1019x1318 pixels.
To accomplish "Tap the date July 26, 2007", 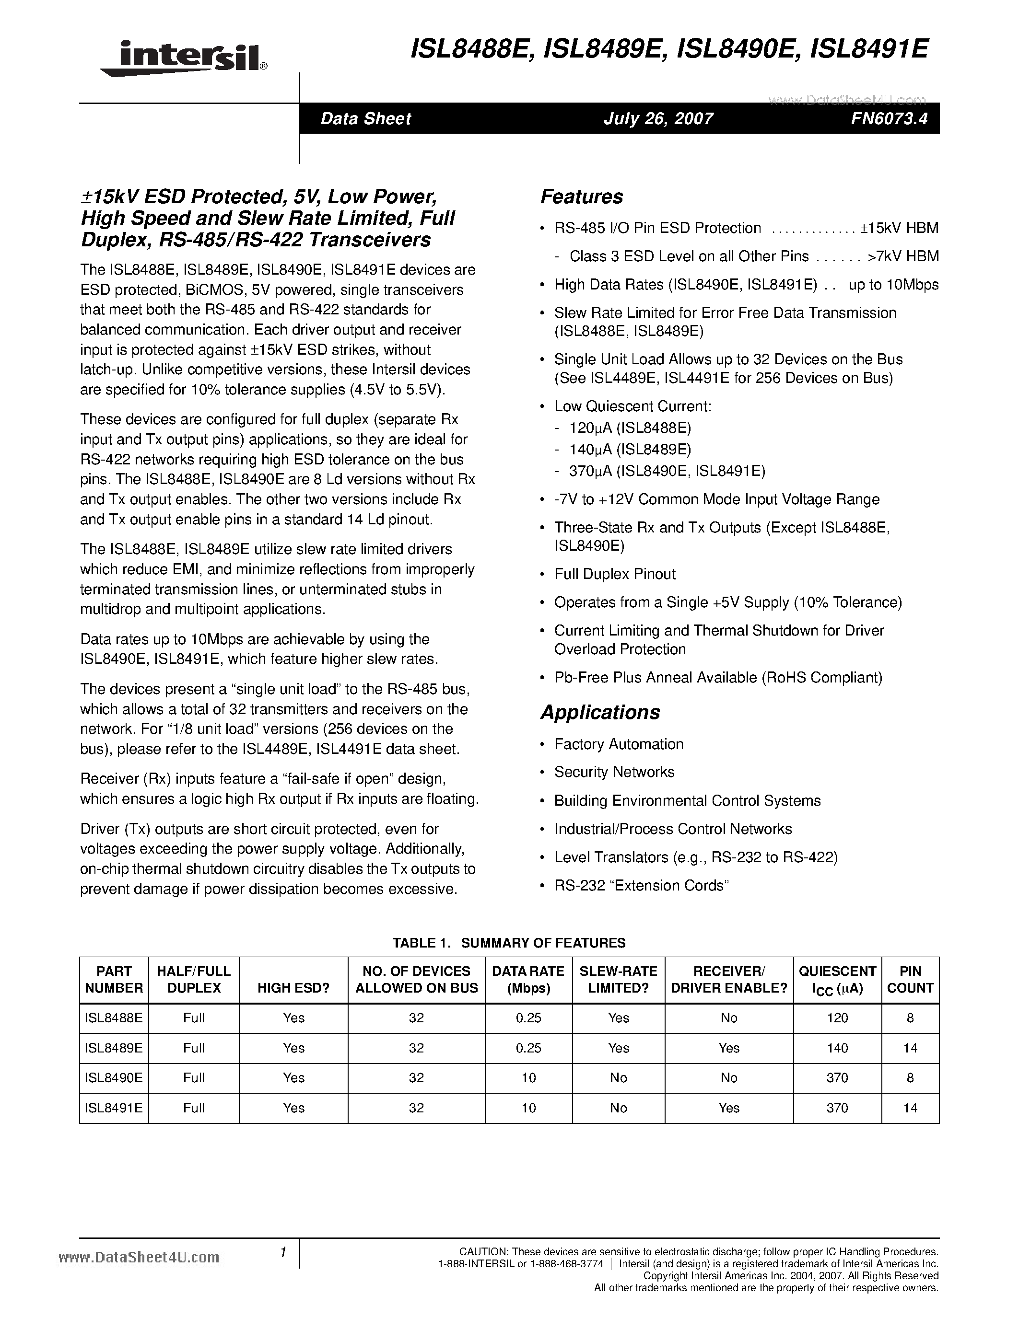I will point(658,118).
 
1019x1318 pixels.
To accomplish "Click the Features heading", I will point(581,197).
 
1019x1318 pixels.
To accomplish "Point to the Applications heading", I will point(599,712).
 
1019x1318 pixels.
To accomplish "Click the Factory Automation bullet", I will point(618,744).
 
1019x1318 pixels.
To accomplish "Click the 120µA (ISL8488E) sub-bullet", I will point(630,428).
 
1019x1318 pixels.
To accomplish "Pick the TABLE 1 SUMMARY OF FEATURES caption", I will point(509,943).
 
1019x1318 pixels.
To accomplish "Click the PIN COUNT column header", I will point(910,980).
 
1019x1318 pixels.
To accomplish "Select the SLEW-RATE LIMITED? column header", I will point(618,980).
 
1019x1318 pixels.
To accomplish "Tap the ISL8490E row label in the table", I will point(114,1077).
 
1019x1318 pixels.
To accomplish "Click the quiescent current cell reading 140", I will point(837,1048).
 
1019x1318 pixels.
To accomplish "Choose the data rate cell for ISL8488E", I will point(528,1018).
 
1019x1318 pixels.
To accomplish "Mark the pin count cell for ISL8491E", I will point(910,1108).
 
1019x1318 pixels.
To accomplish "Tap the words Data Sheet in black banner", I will point(365,118).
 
